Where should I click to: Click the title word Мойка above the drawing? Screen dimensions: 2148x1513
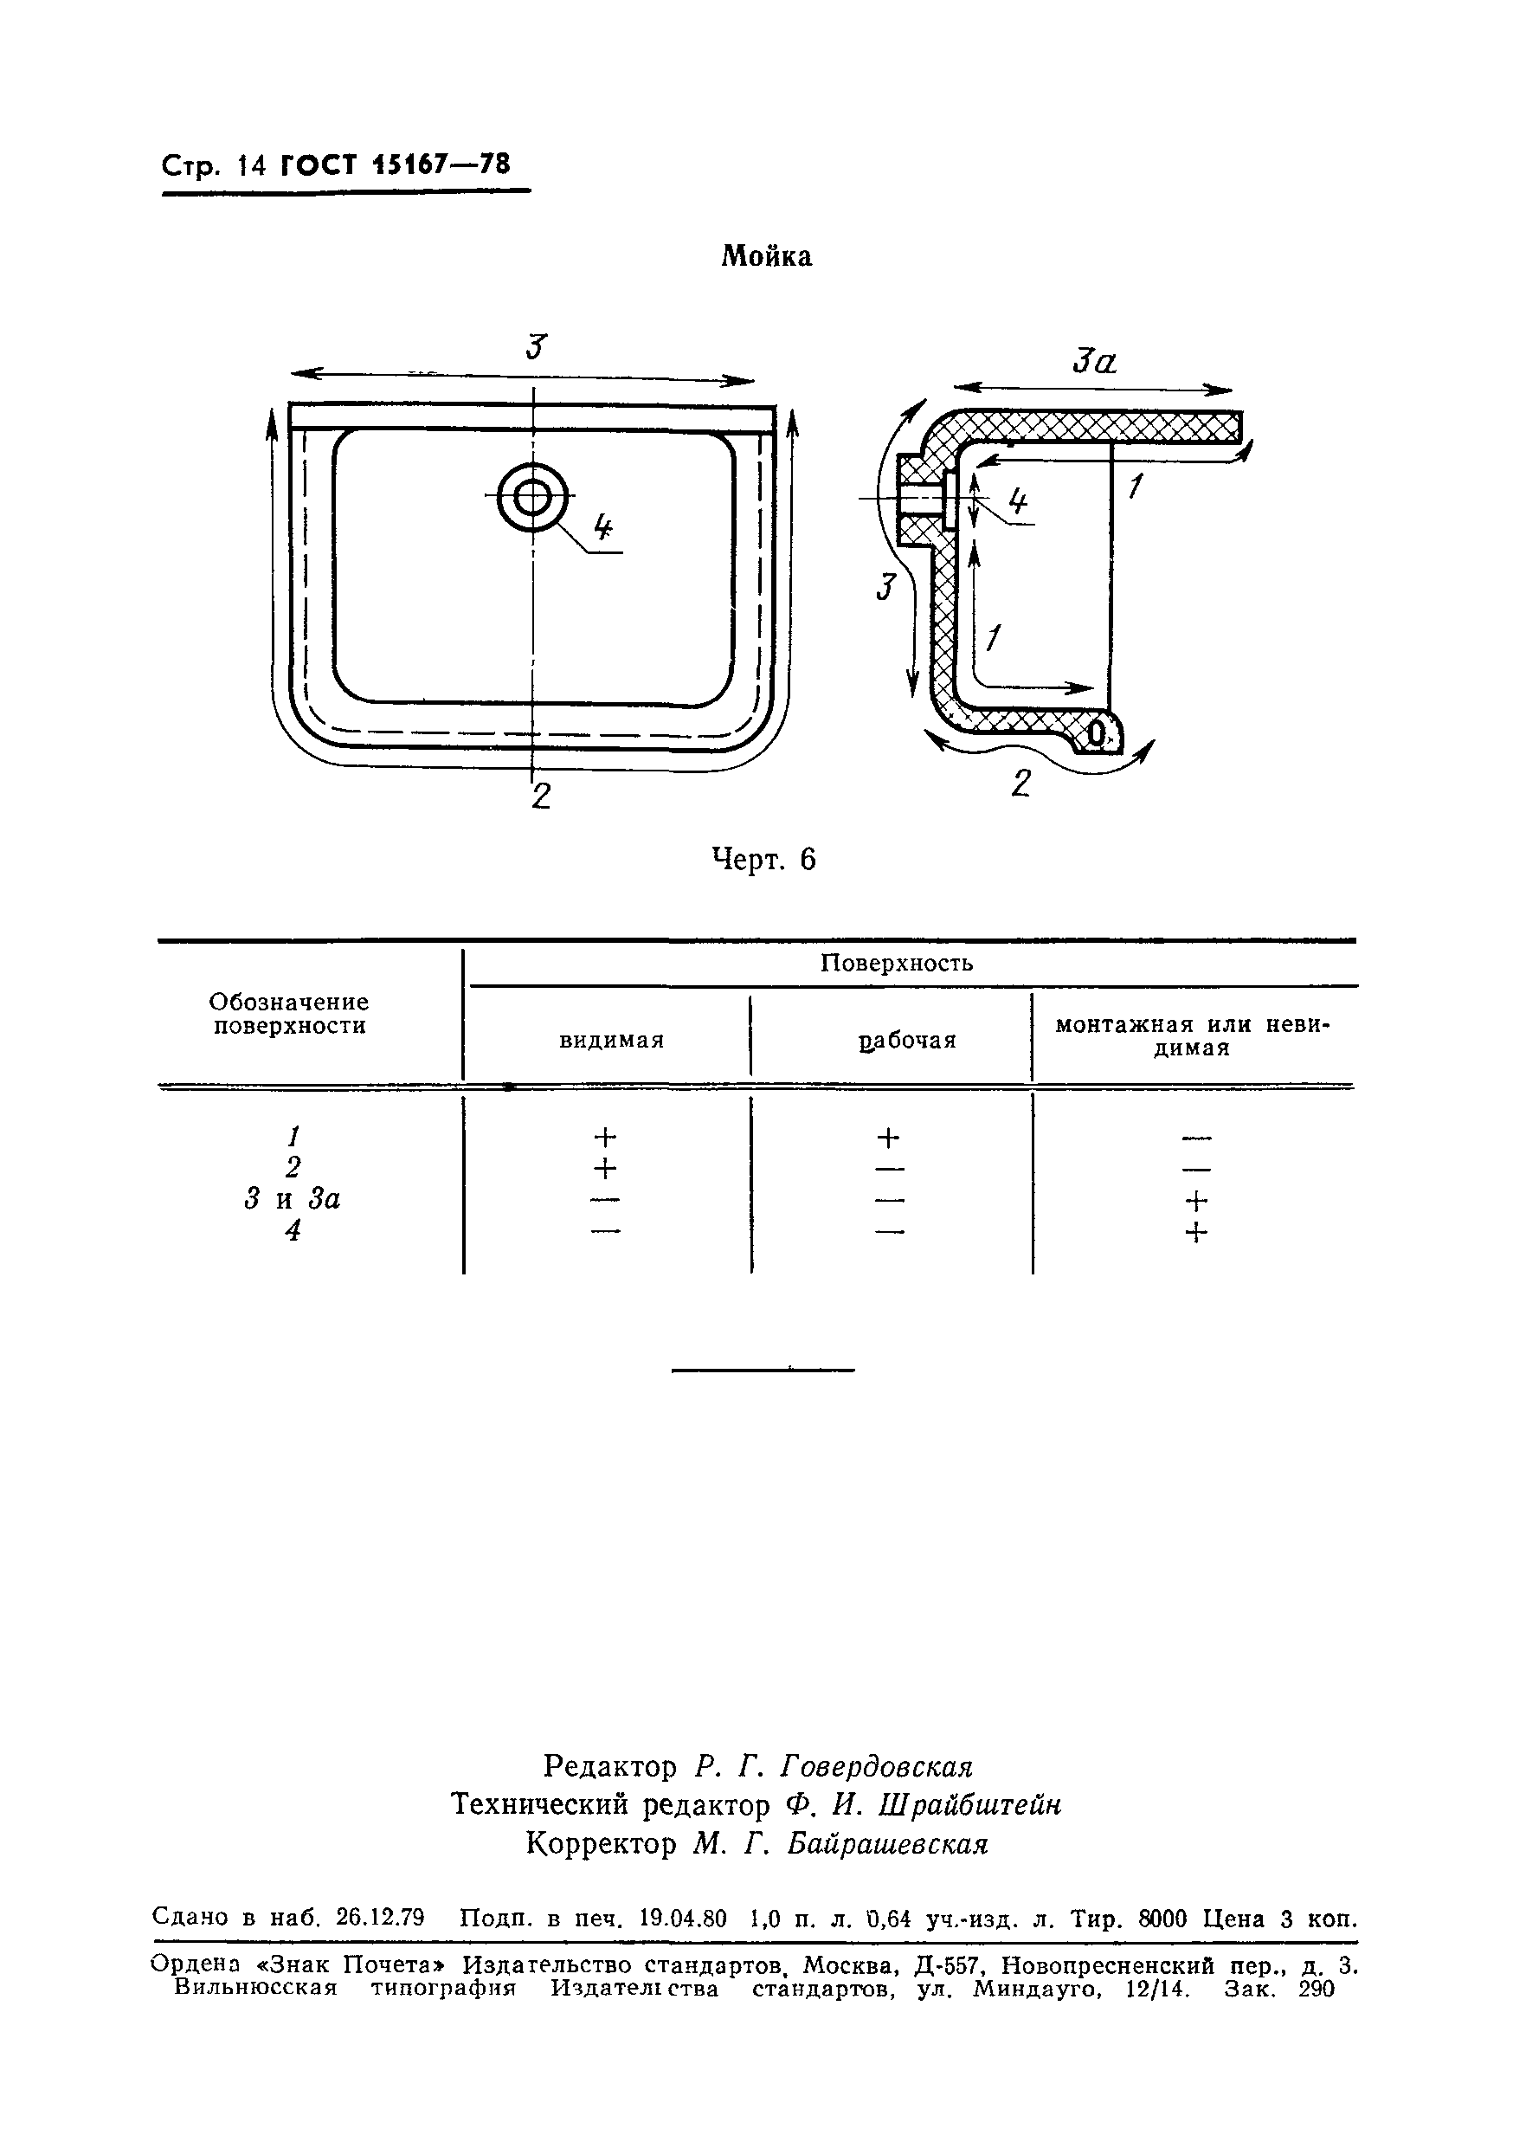(x=766, y=257)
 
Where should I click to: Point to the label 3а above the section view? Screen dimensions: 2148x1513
(x=1094, y=361)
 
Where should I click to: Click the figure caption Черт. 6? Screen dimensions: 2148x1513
(x=764, y=859)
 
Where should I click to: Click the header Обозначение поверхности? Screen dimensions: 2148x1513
(x=289, y=1014)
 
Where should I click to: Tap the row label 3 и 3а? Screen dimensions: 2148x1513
(x=293, y=1199)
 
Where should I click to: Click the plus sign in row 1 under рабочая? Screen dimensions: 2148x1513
(x=888, y=1138)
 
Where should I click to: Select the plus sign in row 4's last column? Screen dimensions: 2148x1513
(x=1196, y=1233)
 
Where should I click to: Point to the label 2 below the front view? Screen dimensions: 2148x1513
(x=540, y=797)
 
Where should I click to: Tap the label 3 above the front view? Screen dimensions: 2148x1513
(x=534, y=347)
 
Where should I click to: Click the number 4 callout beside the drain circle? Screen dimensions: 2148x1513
(x=604, y=530)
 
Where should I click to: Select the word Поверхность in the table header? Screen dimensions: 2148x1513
(x=897, y=964)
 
